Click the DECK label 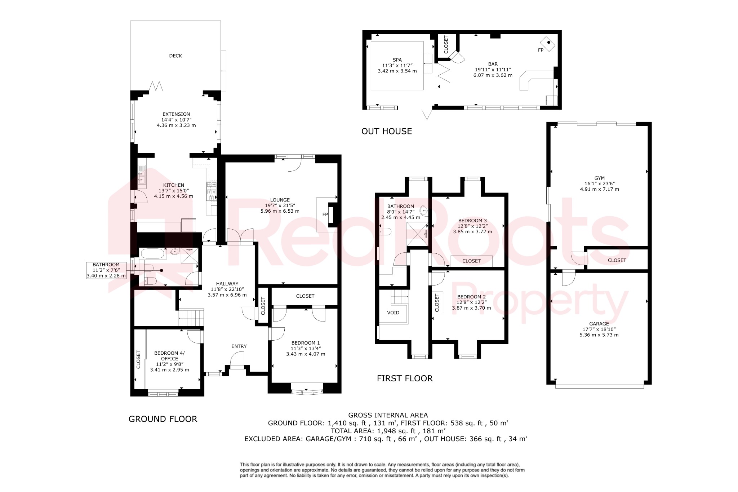click(x=175, y=56)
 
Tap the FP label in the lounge click(x=325, y=214)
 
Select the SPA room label click(x=397, y=60)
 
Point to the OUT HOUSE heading click(x=386, y=131)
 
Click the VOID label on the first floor click(x=393, y=313)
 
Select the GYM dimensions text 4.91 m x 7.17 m click(x=599, y=189)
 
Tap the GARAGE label click(x=599, y=324)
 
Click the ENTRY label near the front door click(x=239, y=346)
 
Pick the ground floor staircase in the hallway click(x=191, y=317)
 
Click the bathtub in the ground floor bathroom click(x=153, y=254)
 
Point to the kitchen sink click(x=142, y=177)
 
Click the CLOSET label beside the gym click(x=617, y=260)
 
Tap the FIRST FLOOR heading click(x=404, y=378)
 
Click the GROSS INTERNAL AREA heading click(x=388, y=415)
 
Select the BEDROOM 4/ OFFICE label click(x=169, y=356)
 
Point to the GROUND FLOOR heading click(x=163, y=419)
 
